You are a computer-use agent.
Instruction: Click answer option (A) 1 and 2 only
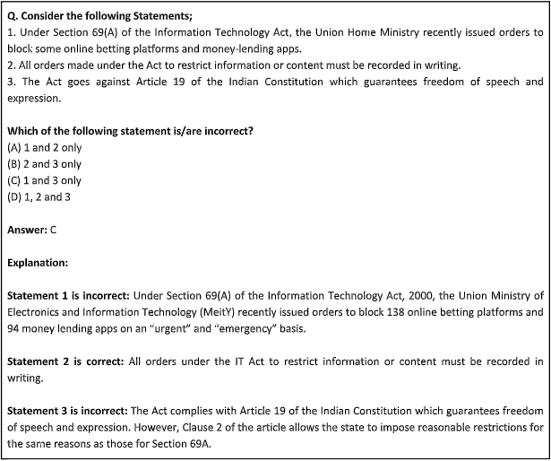click(x=44, y=147)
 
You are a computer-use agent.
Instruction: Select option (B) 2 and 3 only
click(x=44, y=164)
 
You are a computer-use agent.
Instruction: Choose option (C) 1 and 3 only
click(x=44, y=180)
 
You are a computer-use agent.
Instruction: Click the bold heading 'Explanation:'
click(x=38, y=263)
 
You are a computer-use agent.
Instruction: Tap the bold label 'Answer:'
click(x=27, y=230)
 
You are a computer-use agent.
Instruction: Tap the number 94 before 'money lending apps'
click(x=15, y=328)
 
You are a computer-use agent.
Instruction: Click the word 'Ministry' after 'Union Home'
click(x=366, y=31)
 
